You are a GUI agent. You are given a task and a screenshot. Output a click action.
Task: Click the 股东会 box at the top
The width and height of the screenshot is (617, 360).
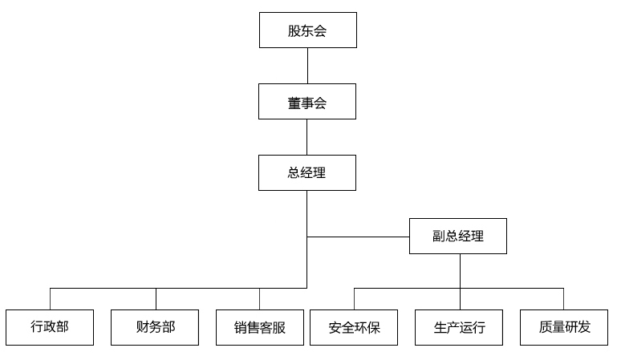(x=307, y=30)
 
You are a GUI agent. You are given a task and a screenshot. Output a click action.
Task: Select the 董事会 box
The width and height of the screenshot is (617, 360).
(x=307, y=102)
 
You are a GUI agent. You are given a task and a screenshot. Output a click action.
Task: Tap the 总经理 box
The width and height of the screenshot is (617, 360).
(x=307, y=172)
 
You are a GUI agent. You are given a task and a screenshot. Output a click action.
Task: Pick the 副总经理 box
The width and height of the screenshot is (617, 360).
(x=458, y=237)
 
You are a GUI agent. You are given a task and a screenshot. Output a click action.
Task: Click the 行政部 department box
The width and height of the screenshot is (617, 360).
(x=50, y=327)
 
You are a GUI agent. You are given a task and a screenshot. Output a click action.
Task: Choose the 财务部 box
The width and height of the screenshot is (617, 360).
(x=155, y=327)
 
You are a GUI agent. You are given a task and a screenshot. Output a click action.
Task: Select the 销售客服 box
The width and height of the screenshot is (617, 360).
(x=260, y=327)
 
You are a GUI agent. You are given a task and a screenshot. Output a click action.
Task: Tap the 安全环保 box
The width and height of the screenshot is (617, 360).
(x=354, y=327)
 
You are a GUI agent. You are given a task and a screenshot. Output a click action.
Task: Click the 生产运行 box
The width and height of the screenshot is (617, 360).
(x=459, y=327)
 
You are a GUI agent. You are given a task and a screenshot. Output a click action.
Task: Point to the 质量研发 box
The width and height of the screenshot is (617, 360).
(x=564, y=327)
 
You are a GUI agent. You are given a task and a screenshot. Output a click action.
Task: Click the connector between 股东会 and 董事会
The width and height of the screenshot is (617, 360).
(x=307, y=66)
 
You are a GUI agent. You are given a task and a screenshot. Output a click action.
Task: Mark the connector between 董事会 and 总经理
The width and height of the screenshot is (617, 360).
(x=307, y=137)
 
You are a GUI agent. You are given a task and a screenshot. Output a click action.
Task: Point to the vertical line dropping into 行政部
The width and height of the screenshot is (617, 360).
(x=50, y=298)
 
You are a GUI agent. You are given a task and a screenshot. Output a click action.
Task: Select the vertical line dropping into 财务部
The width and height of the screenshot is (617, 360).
(x=156, y=298)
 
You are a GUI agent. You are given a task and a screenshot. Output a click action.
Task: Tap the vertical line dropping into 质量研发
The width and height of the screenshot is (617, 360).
(x=563, y=298)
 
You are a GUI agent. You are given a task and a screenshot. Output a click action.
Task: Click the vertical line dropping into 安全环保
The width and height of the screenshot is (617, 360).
(x=354, y=298)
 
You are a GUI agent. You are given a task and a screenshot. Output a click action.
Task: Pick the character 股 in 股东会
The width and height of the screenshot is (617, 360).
(x=294, y=30)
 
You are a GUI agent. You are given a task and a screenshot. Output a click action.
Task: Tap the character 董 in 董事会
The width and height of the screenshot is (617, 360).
(x=294, y=102)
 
